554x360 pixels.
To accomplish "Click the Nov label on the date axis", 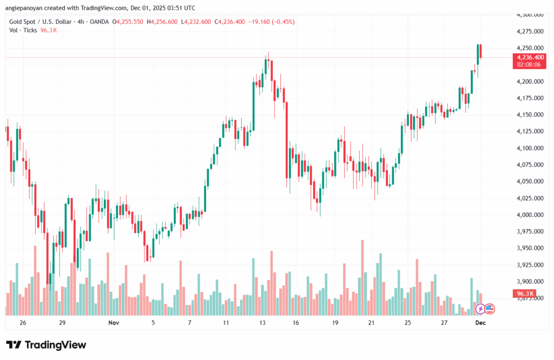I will pos(114,323).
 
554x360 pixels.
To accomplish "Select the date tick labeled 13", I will pos(262,323).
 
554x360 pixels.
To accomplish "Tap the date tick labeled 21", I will pos(371,323).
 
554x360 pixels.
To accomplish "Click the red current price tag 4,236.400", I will pos(530,57).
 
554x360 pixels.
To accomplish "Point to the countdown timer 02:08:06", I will pos(530,64).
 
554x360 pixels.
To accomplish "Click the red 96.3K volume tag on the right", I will pos(523,293).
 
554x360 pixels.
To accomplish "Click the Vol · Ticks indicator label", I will pos(23,30).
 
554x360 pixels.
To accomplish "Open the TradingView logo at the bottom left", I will pos(46,345).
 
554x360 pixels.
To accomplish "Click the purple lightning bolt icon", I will pos(480,309).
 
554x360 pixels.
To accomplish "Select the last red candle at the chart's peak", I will pos(480,52).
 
